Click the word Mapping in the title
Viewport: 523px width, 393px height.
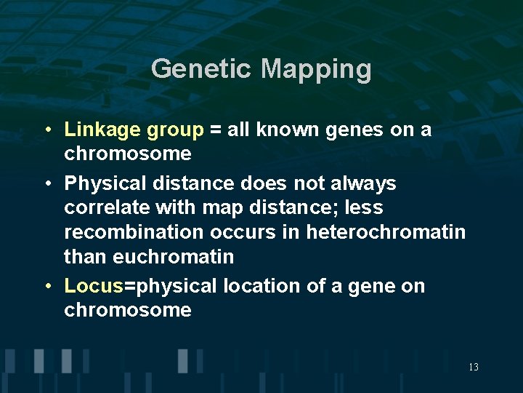tap(316, 69)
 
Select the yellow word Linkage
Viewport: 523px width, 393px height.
tap(102, 130)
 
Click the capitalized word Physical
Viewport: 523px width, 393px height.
tap(102, 183)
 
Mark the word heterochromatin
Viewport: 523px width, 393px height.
tap(386, 233)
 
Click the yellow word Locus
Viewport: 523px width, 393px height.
tap(94, 286)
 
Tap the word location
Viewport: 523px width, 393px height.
tap(261, 286)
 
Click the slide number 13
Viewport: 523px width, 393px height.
tap(473, 367)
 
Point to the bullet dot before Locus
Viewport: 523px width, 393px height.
tap(46, 286)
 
